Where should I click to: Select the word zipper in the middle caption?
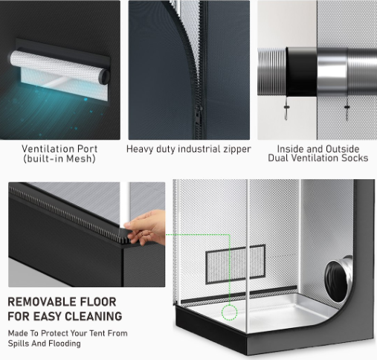tap(236, 150)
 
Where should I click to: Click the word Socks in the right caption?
tap(355, 158)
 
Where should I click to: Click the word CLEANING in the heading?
tap(94, 316)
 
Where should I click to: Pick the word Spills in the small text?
tap(18, 344)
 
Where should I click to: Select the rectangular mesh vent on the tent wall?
tap(235, 264)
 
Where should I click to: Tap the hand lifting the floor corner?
tap(145, 228)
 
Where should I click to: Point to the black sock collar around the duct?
tap(301, 72)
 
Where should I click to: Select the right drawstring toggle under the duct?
tap(347, 107)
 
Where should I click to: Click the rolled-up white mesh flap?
tap(59, 66)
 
